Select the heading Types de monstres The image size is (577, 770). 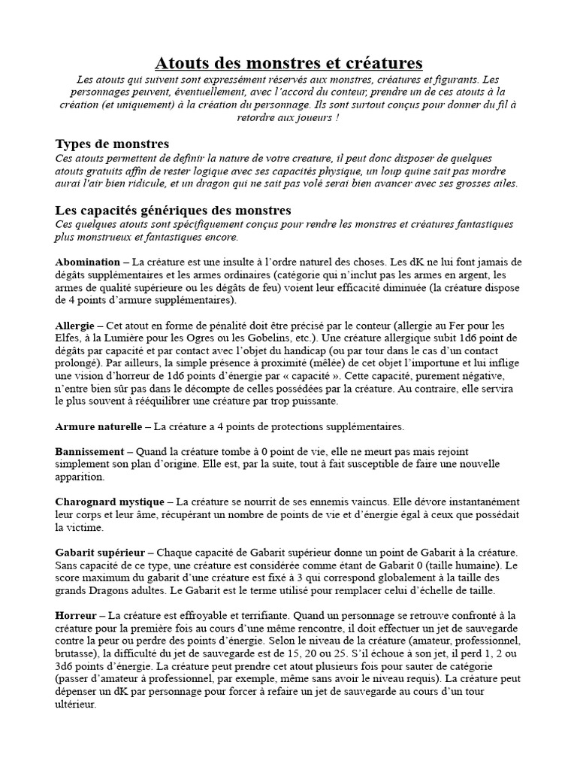click(112, 144)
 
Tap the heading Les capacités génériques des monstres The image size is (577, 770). click(174, 210)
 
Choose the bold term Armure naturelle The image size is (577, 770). click(98, 426)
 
